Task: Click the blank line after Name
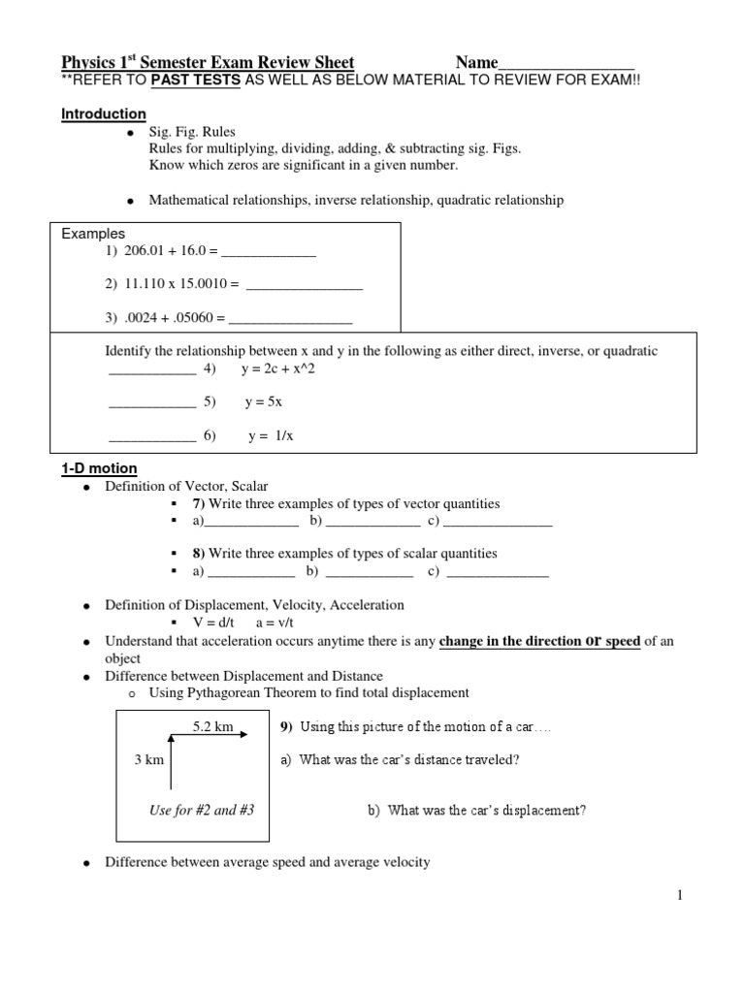pyautogui.click(x=567, y=65)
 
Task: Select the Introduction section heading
pyautogui.click(x=104, y=114)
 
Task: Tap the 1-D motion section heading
pyautogui.click(x=100, y=468)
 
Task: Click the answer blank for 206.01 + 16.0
pyautogui.click(x=269, y=254)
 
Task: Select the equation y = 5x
pyautogui.click(x=263, y=401)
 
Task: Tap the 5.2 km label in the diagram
pyautogui.click(x=213, y=725)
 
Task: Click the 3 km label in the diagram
pyautogui.click(x=148, y=759)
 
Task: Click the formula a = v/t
pyautogui.click(x=275, y=624)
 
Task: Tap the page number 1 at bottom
pyautogui.click(x=681, y=895)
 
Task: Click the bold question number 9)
pyautogui.click(x=288, y=726)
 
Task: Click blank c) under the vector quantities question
pyautogui.click(x=498, y=524)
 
